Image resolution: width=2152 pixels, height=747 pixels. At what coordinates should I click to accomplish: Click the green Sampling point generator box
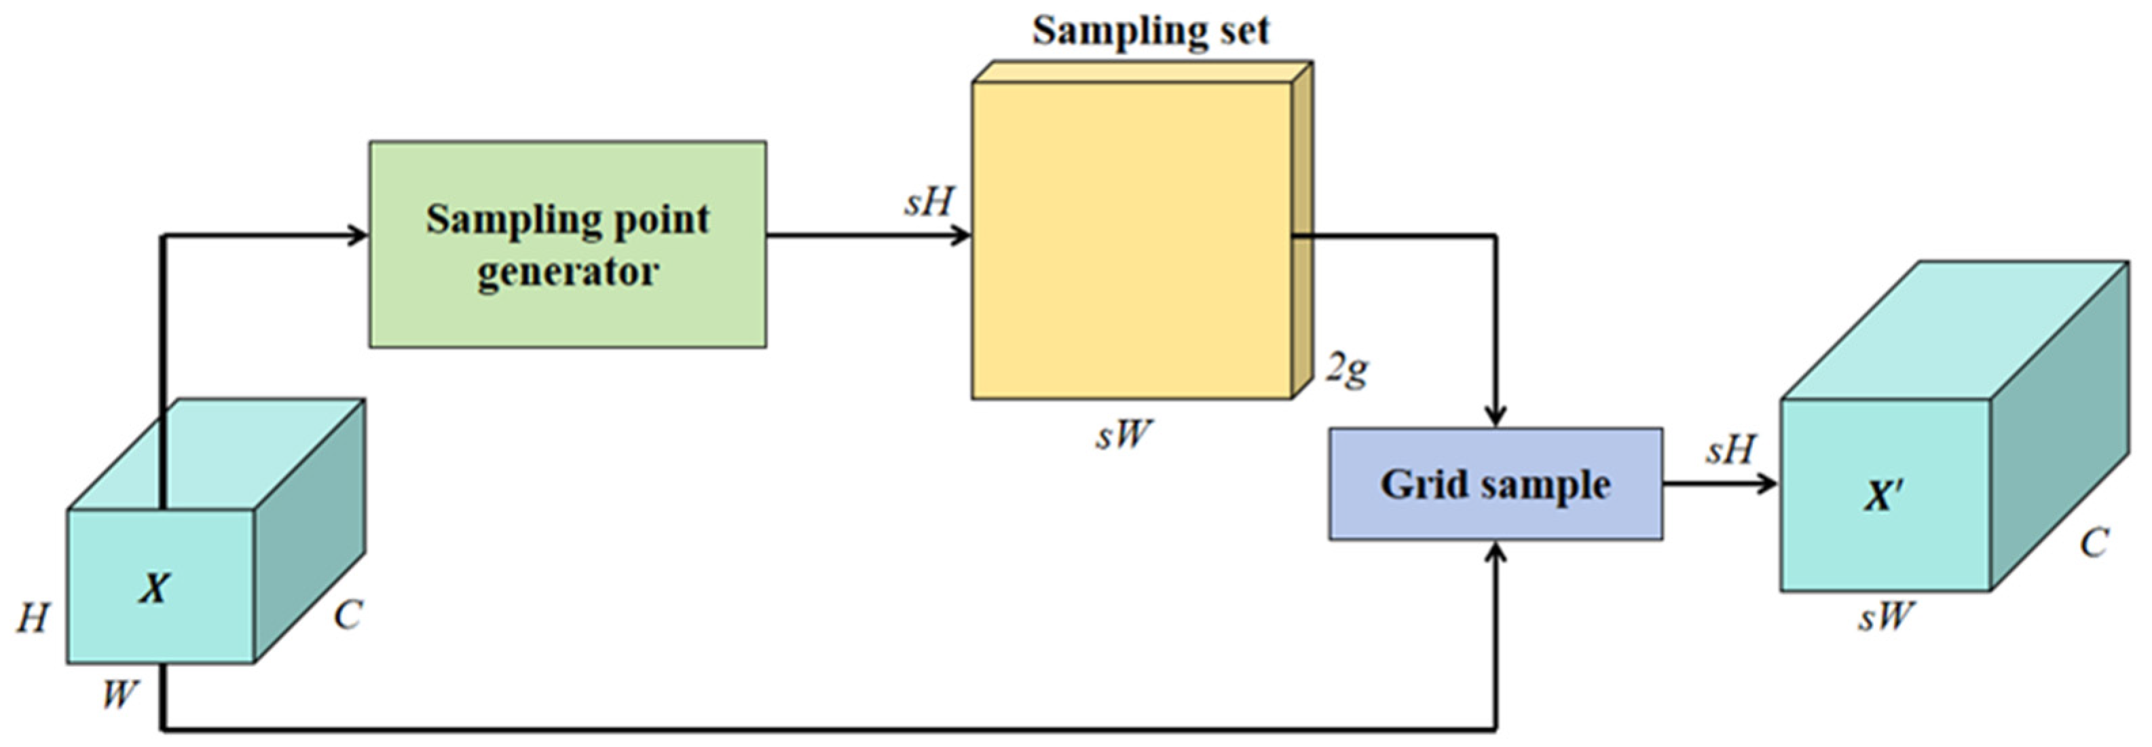point(568,244)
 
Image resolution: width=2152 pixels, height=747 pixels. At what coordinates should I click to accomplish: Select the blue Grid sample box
point(1495,484)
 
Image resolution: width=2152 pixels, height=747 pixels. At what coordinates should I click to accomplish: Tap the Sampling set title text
point(1151,31)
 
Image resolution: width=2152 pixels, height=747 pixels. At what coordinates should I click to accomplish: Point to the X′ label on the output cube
point(1883,497)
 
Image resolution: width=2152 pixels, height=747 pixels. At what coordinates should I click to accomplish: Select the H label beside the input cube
point(33,619)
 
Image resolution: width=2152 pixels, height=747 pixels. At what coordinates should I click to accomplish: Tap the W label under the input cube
point(119,693)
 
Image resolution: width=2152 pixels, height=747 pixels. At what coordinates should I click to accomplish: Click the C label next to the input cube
point(348,616)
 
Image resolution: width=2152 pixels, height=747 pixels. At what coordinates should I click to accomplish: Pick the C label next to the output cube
point(2094,543)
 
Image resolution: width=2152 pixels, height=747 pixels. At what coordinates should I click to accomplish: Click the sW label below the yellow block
point(1123,435)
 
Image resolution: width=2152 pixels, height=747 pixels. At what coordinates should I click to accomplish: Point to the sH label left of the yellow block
point(929,202)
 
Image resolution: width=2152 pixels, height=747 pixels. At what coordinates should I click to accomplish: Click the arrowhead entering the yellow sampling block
point(961,235)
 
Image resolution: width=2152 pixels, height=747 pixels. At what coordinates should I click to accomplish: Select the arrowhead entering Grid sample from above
point(1496,416)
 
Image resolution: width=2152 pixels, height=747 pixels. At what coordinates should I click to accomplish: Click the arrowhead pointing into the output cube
point(1767,483)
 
